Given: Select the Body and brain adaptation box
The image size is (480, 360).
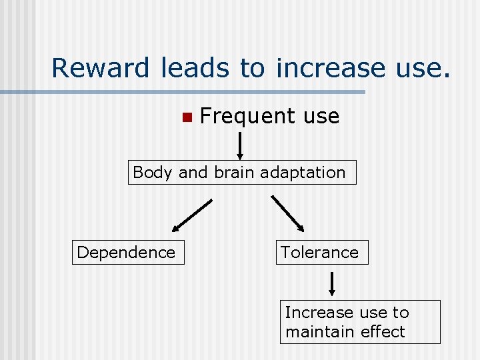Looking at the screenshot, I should coord(242,172).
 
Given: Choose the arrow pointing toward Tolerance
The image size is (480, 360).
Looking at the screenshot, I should coord(289,214).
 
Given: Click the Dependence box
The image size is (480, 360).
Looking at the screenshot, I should coord(127,253).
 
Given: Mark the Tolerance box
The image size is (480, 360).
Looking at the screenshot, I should coord(322,253).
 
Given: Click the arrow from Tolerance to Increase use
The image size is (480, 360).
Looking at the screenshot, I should coord(332,283).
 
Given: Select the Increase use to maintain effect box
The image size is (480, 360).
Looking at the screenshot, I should coord(360,322).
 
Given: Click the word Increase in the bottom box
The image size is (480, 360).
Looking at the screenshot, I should coord(313,313).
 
